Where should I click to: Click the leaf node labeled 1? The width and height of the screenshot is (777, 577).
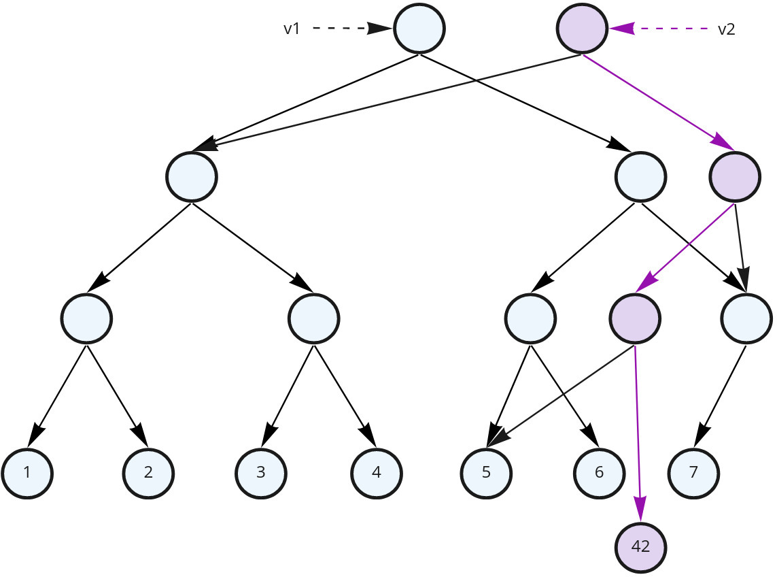tap(27, 472)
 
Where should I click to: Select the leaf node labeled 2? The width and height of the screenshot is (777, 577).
tap(148, 472)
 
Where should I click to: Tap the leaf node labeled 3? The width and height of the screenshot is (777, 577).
tap(261, 472)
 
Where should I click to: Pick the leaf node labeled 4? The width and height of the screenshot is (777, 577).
tap(377, 472)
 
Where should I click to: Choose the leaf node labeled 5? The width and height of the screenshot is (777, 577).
tap(486, 472)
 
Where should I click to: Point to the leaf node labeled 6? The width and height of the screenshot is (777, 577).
tap(599, 472)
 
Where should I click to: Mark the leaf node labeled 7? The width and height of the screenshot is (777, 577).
tap(693, 472)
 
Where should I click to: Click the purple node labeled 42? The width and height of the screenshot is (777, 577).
tap(640, 547)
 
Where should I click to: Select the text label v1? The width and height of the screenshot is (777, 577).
tap(292, 29)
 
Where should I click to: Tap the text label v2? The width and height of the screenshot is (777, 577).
tap(726, 29)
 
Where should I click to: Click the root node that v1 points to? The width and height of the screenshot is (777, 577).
tap(419, 29)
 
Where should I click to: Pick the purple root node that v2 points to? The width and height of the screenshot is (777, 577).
tap(582, 29)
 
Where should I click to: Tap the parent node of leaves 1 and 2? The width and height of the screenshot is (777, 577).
tap(86, 318)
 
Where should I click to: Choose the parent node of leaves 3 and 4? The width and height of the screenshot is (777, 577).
tap(313, 318)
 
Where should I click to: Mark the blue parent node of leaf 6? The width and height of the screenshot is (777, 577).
tap(531, 318)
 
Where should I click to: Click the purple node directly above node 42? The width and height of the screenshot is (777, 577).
tap(635, 318)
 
